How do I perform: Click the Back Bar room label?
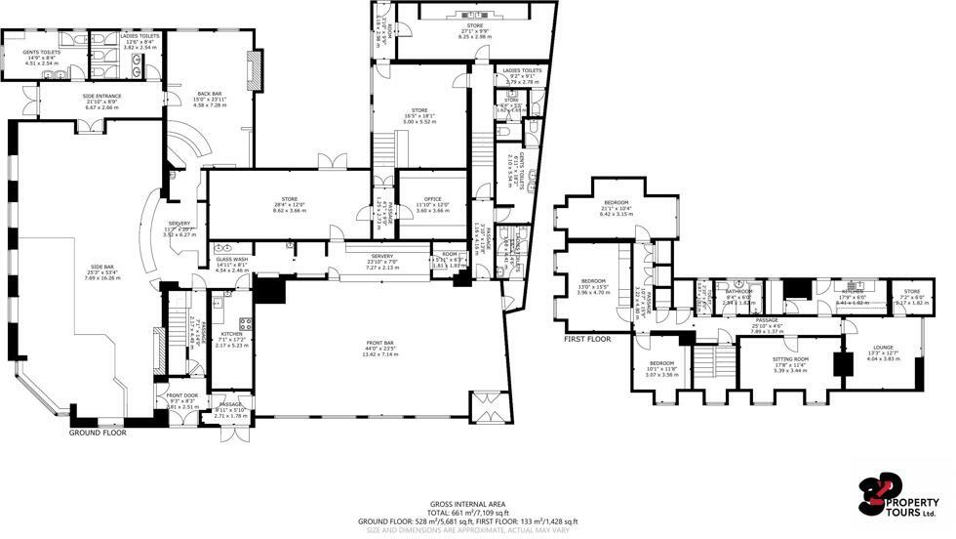tap(209, 94)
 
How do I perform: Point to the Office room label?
tap(433, 201)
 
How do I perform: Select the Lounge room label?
tap(882, 347)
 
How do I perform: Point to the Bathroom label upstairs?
tap(737, 291)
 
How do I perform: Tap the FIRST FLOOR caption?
tap(587, 338)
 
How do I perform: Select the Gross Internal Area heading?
tap(467, 505)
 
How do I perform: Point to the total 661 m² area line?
tap(467, 513)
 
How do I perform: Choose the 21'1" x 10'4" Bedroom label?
tap(615, 203)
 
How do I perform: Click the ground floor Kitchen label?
tap(231, 334)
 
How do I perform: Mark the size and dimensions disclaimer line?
tap(467, 529)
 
